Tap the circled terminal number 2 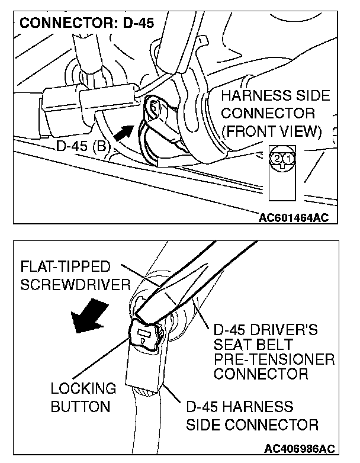pos(277,159)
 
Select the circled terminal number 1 pos(287,159)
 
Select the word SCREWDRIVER pos(75,285)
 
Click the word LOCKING pos(75,389)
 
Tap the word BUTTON pos(72,407)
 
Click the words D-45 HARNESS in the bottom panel pos(240,407)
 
